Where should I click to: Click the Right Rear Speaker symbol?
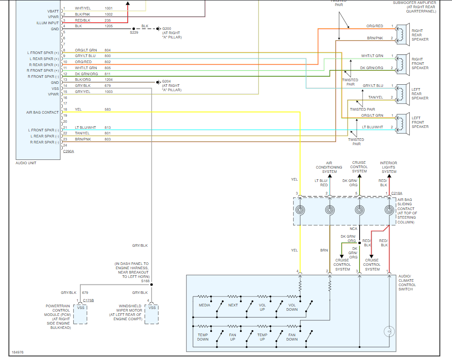(x=403, y=35)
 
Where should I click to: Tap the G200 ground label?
(x=167, y=29)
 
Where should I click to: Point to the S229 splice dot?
(x=133, y=29)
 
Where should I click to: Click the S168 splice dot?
(x=152, y=285)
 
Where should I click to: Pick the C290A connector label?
(x=69, y=151)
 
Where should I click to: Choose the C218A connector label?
(x=397, y=193)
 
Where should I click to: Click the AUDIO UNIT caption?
(x=26, y=163)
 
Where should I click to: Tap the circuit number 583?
(x=107, y=110)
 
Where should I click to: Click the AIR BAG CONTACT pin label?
(x=42, y=112)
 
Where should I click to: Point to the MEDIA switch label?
(x=204, y=305)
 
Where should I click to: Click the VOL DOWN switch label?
(x=292, y=307)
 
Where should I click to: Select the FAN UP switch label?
(x=233, y=337)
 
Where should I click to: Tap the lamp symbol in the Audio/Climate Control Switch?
(x=389, y=331)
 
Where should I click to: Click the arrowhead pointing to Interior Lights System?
(x=389, y=176)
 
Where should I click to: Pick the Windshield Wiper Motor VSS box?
(x=152, y=314)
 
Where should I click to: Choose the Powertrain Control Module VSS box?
(x=80, y=314)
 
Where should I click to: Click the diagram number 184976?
(x=18, y=352)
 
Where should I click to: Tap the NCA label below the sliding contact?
(x=354, y=229)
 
